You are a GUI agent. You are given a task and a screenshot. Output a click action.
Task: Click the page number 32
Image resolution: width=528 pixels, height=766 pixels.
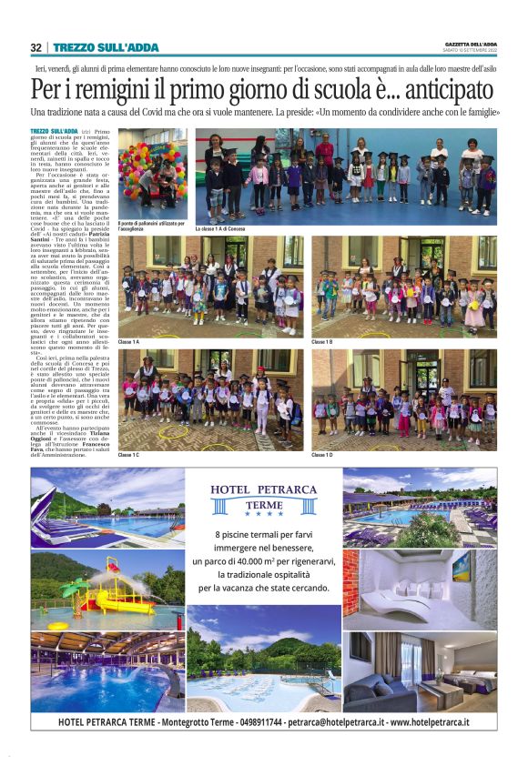[36, 47]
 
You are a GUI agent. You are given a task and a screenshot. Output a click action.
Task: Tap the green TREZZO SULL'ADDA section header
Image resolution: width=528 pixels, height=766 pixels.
[106, 47]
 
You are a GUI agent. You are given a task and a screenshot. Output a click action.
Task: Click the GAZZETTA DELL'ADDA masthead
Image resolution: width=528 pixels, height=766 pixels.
[472, 45]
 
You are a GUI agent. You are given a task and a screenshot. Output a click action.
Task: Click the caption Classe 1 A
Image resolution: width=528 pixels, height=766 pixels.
[129, 341]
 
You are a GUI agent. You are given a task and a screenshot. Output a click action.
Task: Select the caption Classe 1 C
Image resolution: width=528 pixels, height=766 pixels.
[129, 454]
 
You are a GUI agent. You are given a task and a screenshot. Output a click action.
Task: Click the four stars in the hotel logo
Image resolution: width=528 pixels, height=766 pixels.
[263, 513]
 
